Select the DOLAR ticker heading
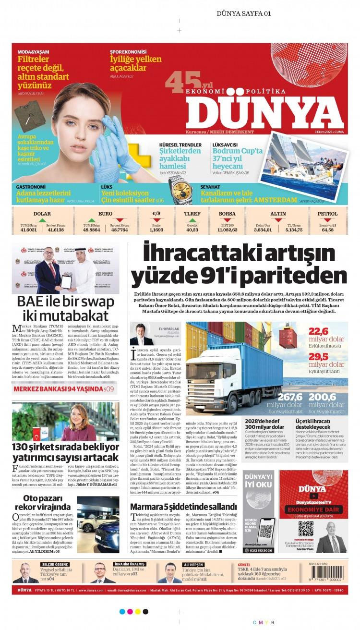click(x=42, y=214)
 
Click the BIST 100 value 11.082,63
click(x=227, y=230)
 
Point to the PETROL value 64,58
click(x=327, y=230)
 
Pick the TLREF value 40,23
click(x=192, y=230)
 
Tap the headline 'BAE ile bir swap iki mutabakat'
click(x=66, y=308)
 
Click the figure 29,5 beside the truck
click(x=318, y=356)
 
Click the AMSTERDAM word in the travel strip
click(x=274, y=200)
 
